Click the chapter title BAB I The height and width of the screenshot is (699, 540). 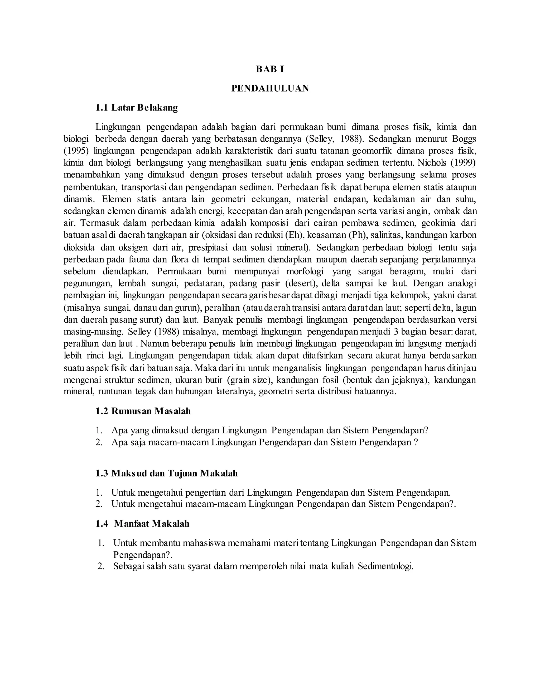pyautogui.click(x=270, y=69)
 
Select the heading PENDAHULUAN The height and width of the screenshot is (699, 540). pyautogui.click(x=270, y=88)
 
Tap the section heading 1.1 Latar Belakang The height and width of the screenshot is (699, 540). pyautogui.click(x=136, y=108)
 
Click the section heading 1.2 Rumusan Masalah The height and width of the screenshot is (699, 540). pyautogui.click(x=143, y=411)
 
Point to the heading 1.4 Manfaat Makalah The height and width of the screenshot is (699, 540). pyautogui.click(x=142, y=524)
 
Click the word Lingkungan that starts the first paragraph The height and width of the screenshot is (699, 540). pyautogui.click(x=118, y=127)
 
